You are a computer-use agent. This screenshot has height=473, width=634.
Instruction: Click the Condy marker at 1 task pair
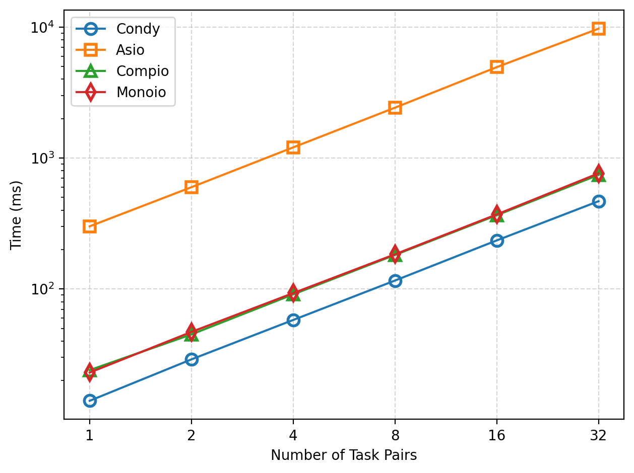pyautogui.click(x=90, y=401)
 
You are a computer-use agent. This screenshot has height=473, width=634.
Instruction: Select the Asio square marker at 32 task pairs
pyautogui.click(x=599, y=28)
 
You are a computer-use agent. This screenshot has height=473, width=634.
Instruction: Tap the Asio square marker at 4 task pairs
pyautogui.click(x=293, y=147)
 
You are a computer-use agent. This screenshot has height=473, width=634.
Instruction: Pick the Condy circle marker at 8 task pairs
pyautogui.click(x=395, y=281)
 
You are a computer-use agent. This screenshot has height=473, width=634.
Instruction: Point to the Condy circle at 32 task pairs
pyautogui.click(x=599, y=201)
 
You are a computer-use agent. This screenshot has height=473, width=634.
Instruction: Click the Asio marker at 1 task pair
pyautogui.click(x=90, y=226)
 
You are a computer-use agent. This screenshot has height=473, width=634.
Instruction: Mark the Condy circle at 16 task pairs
pyautogui.click(x=497, y=241)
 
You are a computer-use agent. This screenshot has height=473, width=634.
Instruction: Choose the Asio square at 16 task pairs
pyautogui.click(x=497, y=67)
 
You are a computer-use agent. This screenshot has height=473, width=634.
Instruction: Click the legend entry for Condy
pyautogui.click(x=138, y=29)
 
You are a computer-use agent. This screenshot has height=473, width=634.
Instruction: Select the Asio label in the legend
pyautogui.click(x=130, y=50)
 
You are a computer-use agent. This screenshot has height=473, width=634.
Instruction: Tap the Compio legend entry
pyautogui.click(x=142, y=71)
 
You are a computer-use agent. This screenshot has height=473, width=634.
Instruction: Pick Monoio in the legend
pyautogui.click(x=141, y=92)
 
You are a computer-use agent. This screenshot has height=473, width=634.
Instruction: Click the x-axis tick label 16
pyautogui.click(x=497, y=434)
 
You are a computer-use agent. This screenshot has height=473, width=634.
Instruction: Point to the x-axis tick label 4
pyautogui.click(x=293, y=434)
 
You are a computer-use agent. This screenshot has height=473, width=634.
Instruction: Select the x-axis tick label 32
pyautogui.click(x=599, y=434)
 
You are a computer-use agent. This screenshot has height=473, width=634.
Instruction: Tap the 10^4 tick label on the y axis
pyautogui.click(x=42, y=27)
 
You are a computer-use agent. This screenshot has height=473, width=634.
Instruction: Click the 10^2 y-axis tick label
pyautogui.click(x=42, y=289)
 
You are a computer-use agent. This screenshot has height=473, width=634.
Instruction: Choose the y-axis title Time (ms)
pyautogui.click(x=17, y=214)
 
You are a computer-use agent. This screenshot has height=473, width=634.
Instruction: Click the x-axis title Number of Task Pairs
pyautogui.click(x=344, y=455)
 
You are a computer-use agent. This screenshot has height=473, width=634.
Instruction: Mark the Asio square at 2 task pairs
pyautogui.click(x=192, y=187)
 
